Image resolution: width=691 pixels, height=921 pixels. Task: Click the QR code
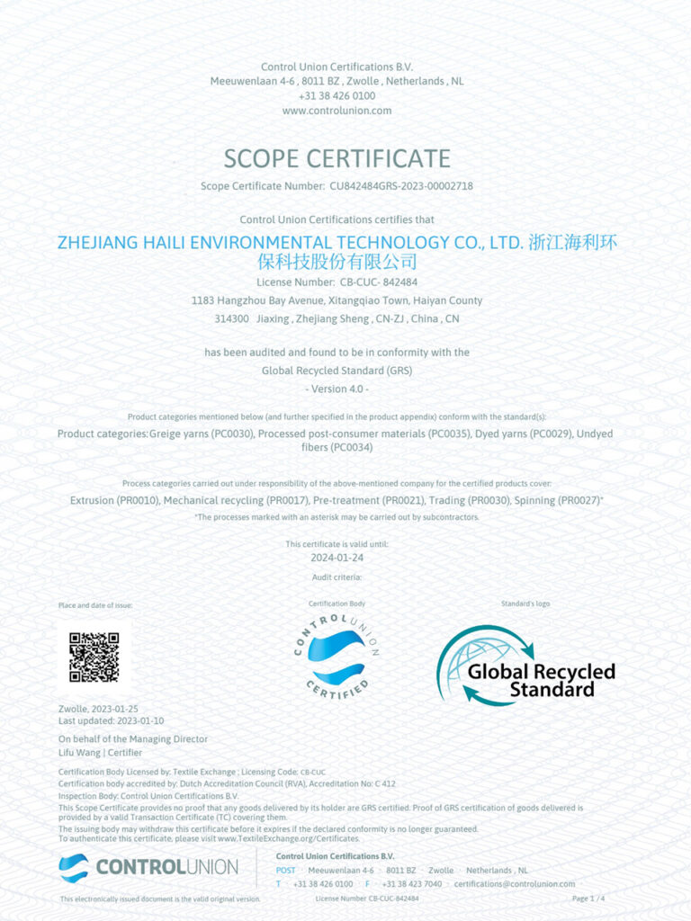click(x=94, y=657)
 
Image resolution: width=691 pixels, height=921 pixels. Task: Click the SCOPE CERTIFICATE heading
click(x=337, y=159)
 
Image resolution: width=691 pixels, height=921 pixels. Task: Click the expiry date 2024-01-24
click(x=337, y=558)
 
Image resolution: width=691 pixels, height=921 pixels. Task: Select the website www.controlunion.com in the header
click(x=337, y=111)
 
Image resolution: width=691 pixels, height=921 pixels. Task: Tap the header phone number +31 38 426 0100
click(x=337, y=95)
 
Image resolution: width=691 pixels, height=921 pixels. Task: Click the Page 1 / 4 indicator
click(x=588, y=899)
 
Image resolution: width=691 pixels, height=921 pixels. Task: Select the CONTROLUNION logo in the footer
click(x=148, y=868)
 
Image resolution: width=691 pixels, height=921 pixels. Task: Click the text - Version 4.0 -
click(x=337, y=388)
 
